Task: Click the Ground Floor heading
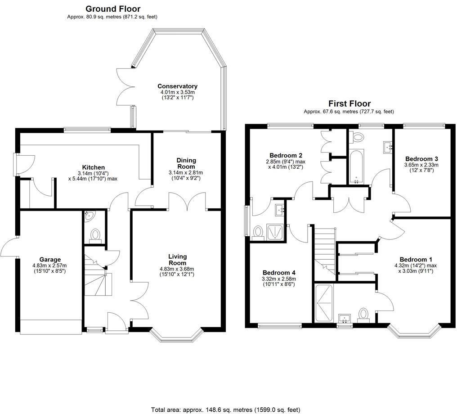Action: [x=112, y=9]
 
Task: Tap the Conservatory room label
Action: [x=177, y=86]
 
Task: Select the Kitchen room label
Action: [x=93, y=167]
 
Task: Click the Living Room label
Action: [x=177, y=260]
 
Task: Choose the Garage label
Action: [x=49, y=260]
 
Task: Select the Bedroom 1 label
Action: [x=416, y=260]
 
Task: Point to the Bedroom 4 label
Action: [x=279, y=273]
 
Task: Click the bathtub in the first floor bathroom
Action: [x=355, y=167]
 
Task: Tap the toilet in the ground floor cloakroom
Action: [x=95, y=235]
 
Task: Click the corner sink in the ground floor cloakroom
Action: [x=89, y=216]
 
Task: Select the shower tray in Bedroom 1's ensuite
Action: [x=323, y=303]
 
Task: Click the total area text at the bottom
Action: [x=225, y=409]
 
